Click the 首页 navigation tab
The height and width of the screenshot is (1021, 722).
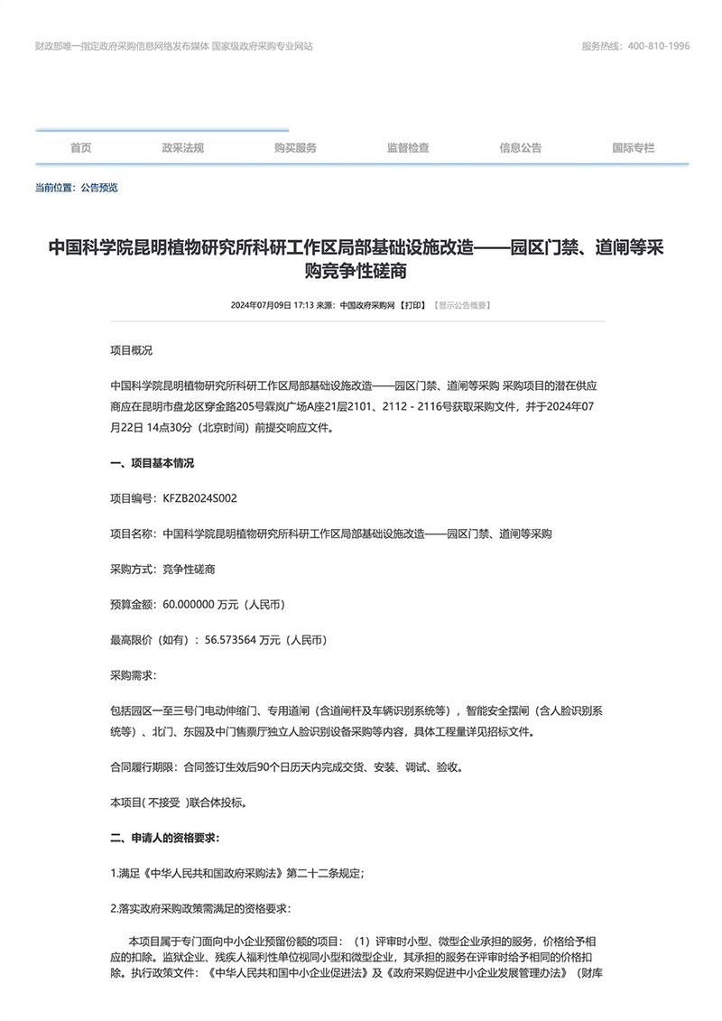[x=81, y=148]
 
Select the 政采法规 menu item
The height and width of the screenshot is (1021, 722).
[x=183, y=148]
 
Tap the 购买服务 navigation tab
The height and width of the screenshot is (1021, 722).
[x=295, y=148]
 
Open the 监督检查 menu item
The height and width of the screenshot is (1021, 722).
[x=408, y=148]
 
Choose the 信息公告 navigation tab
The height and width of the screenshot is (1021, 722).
[x=521, y=148]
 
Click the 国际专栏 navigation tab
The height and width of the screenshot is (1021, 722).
[x=633, y=148]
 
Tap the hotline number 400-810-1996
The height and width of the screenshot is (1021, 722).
[x=659, y=46]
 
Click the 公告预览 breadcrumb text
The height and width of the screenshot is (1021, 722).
[x=99, y=188]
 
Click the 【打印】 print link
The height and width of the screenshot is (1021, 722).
[x=415, y=306]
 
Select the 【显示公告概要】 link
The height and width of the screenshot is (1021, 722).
[x=462, y=306]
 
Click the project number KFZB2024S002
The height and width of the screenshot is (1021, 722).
[x=199, y=498]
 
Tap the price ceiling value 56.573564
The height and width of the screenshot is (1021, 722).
[x=230, y=640]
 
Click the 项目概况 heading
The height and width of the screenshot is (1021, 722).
[x=132, y=348]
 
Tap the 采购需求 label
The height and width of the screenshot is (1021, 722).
[x=132, y=675]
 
